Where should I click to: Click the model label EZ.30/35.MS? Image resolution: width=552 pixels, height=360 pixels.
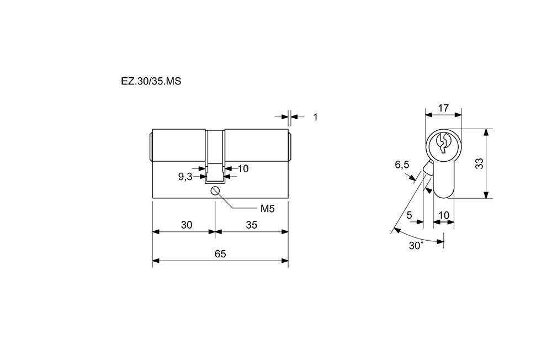tap(151, 81)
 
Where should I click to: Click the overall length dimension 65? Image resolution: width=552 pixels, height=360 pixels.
tap(220, 253)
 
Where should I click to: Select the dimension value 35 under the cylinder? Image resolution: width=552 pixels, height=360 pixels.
tap(251, 225)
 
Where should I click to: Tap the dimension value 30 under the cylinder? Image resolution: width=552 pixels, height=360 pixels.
tap(187, 225)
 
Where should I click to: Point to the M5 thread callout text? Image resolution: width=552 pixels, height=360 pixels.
tap(267, 209)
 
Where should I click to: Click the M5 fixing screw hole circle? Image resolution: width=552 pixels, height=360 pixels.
tap(215, 191)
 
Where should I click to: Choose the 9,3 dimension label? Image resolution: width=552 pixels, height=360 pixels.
tap(185, 177)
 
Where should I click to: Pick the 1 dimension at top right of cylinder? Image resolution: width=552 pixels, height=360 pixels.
tap(315, 117)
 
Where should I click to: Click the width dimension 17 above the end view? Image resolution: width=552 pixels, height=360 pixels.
tap(444, 108)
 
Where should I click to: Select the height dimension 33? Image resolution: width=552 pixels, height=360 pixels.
tap(479, 163)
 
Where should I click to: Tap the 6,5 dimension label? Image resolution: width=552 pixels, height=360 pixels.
tap(402, 165)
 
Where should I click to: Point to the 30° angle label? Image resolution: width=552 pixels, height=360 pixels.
tap(416, 246)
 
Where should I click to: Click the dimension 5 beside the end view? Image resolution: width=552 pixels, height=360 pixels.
tap(409, 215)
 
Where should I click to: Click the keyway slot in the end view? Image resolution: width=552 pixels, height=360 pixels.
tap(443, 144)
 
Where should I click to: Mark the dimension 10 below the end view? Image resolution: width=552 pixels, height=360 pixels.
tap(444, 215)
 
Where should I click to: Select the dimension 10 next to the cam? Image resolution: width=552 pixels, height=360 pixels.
tap(243, 169)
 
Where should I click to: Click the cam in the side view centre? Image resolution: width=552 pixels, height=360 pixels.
tap(215, 157)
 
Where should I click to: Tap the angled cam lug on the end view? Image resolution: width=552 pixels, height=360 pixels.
tap(428, 166)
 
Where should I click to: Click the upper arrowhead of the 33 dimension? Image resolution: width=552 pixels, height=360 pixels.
tap(486, 132)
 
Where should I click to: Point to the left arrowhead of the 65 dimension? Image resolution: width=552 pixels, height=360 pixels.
tap(156, 261)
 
